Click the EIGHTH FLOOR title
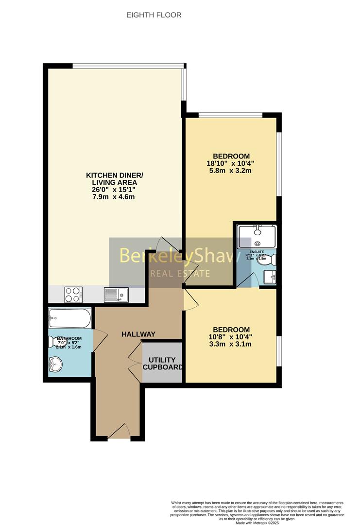click(154, 15)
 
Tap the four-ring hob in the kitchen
click(73, 295)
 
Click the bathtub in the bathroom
click(70, 318)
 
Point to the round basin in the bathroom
click(57, 363)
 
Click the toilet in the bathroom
click(52, 342)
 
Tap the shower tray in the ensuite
click(257, 236)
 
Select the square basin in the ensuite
click(270, 277)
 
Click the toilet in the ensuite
click(270, 260)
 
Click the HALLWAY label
click(138, 334)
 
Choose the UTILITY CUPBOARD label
click(162, 363)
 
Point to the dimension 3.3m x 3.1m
click(229, 344)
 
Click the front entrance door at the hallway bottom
click(119, 432)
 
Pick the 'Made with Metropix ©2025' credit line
click(257, 523)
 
